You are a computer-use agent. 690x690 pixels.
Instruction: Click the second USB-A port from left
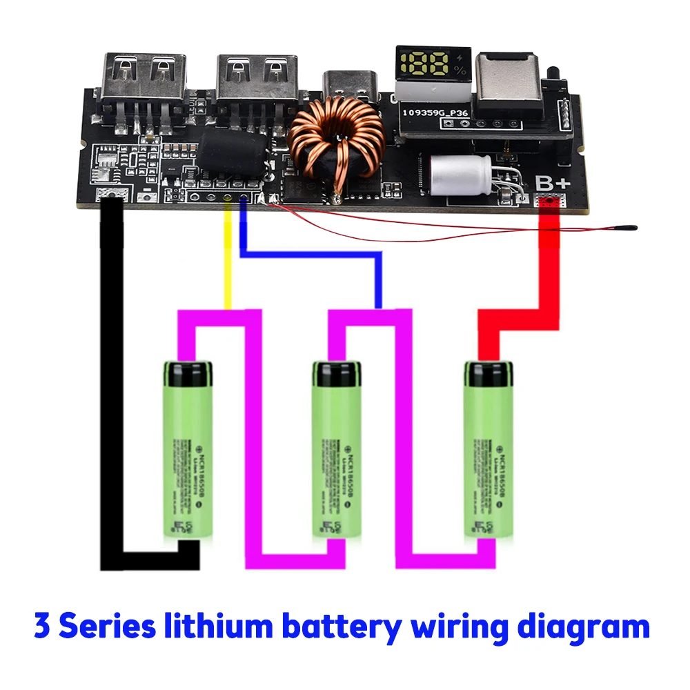(x=257, y=77)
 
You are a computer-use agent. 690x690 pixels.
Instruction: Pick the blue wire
(x=310, y=255)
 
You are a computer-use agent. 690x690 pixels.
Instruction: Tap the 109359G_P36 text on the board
(x=435, y=110)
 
